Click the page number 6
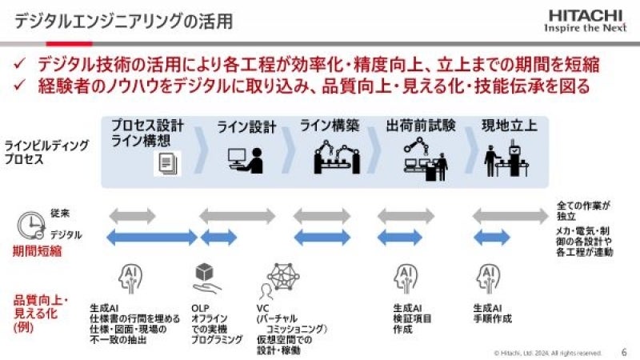tap(624, 350)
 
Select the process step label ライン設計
tap(246, 126)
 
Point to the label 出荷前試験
tap(420, 126)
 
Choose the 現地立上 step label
tap(510, 126)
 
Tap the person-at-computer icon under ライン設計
tap(245, 160)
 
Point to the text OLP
tap(200, 306)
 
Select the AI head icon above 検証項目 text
tap(406, 278)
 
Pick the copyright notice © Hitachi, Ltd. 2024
tap(547, 351)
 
